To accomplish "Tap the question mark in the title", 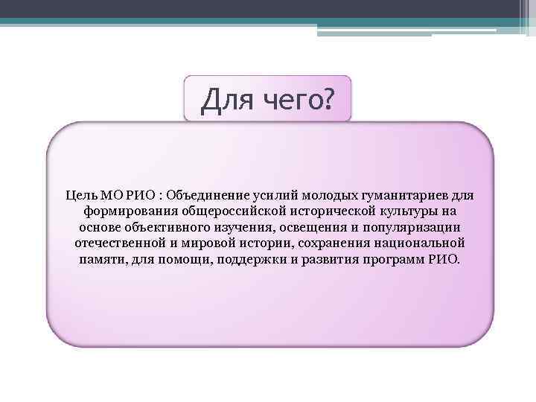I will pos(328,98).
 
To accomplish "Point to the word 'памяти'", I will pos(100,260).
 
